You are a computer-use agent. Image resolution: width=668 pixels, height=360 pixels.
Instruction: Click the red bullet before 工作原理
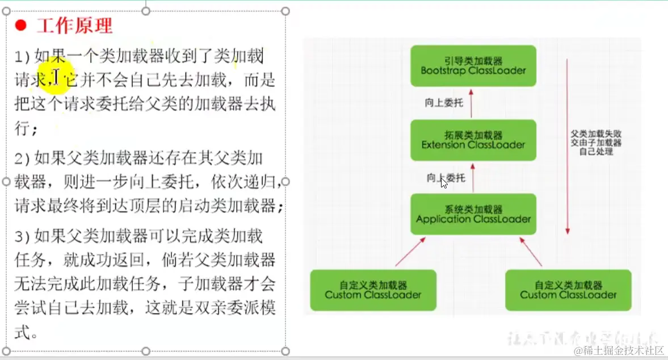(21, 26)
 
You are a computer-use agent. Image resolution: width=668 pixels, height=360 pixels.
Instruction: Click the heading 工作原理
(74, 26)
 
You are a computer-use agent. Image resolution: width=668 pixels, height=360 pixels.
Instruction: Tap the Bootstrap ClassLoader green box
(473, 66)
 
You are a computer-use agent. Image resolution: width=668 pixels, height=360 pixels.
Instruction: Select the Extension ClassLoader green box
(473, 140)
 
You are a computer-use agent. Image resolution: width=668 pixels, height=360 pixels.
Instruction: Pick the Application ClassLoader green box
(473, 214)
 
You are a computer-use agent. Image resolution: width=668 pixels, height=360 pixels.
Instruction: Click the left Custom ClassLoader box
(373, 290)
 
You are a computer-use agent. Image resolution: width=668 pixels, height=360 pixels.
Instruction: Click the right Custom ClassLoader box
(568, 290)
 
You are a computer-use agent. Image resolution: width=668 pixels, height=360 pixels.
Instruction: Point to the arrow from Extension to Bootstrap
(472, 103)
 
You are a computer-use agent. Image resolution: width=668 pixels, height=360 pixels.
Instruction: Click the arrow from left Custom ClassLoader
(410, 252)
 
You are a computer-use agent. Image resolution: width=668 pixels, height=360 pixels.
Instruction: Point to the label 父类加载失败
(596, 135)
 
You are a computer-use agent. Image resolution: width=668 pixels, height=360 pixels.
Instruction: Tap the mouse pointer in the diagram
(444, 182)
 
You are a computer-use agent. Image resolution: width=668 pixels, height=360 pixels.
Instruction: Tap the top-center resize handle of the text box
(146, 11)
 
